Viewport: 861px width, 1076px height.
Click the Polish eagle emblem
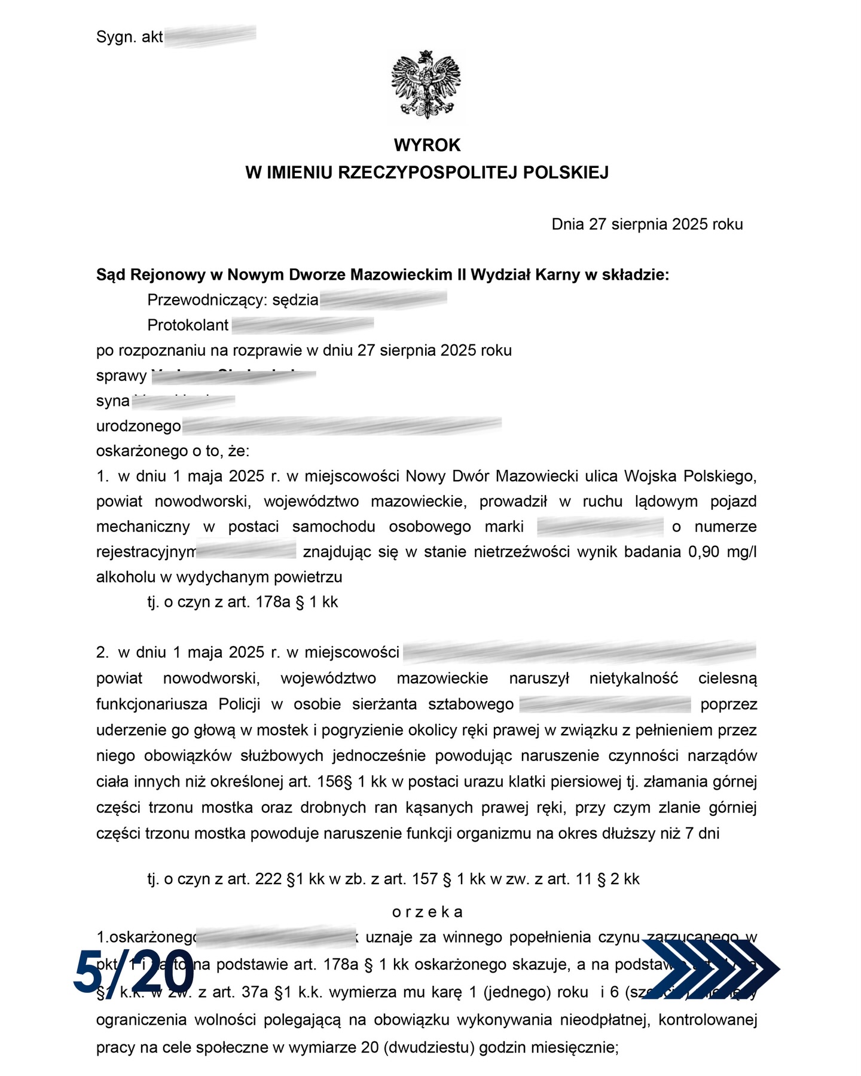[x=426, y=85]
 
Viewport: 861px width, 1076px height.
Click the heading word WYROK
[x=427, y=145]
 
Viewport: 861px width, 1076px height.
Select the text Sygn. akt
[x=129, y=37]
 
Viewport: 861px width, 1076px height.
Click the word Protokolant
[x=188, y=325]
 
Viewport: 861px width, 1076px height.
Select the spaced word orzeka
[x=427, y=912]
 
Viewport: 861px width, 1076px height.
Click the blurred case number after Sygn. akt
[x=210, y=36]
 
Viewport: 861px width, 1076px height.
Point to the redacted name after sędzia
[x=383, y=299]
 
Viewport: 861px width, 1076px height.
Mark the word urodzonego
[x=139, y=426]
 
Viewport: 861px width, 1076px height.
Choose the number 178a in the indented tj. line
[x=273, y=602]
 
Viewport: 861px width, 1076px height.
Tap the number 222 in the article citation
[x=268, y=879]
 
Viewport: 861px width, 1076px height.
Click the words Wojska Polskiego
[x=690, y=476]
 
